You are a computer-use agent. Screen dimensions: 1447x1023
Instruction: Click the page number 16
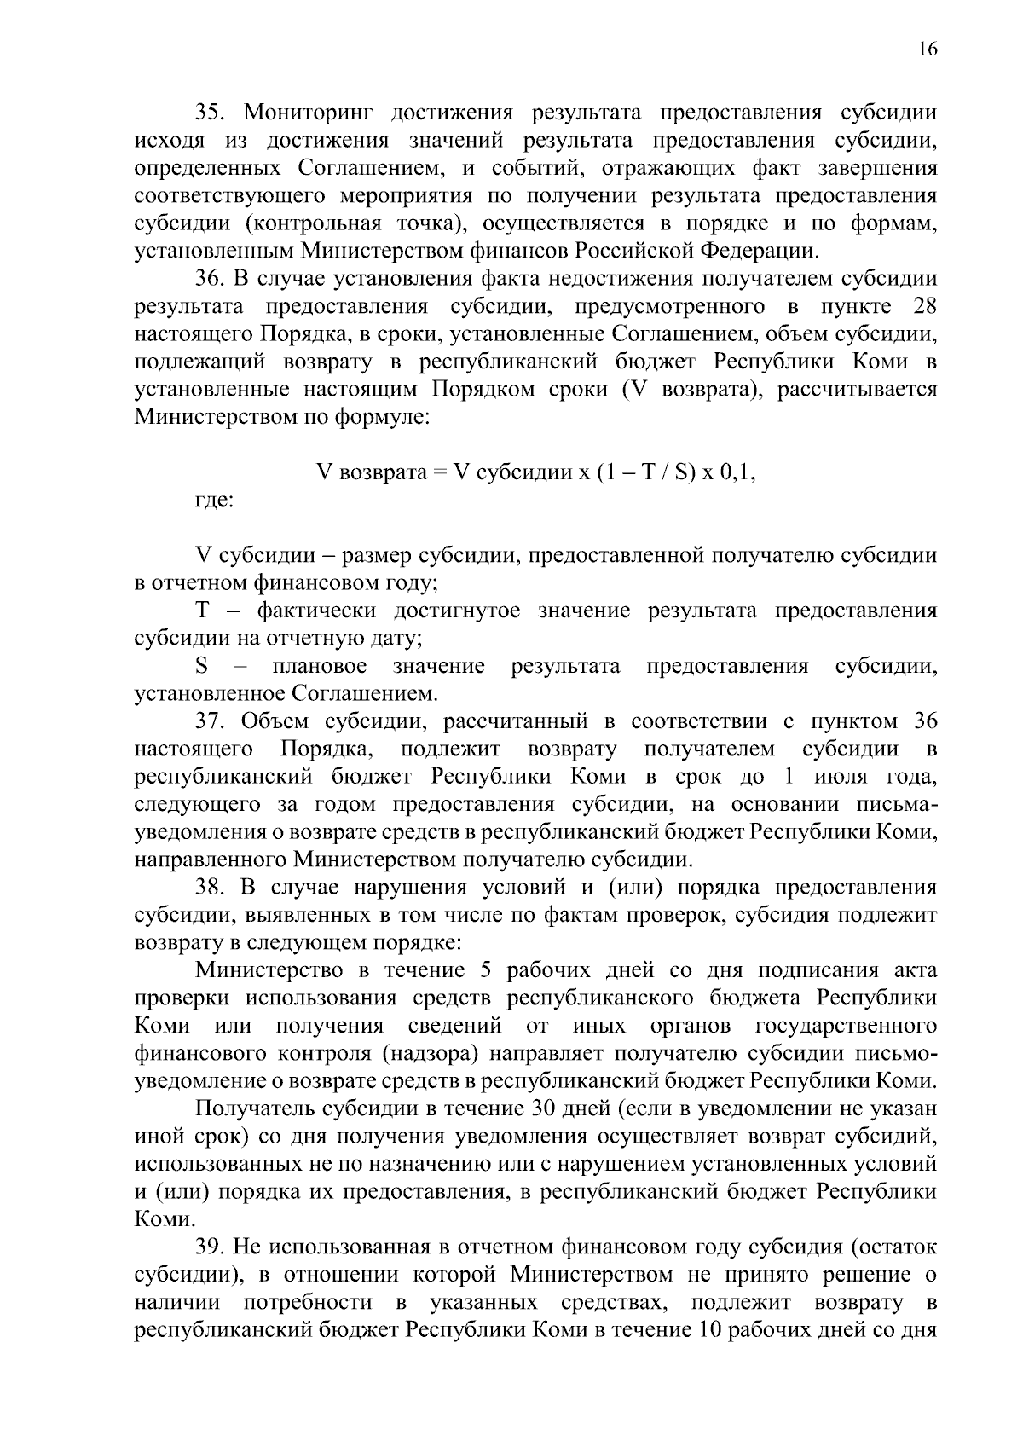point(928,49)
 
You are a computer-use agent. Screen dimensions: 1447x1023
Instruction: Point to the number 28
point(924,306)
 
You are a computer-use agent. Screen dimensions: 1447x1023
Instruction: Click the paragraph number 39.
point(210,1247)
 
